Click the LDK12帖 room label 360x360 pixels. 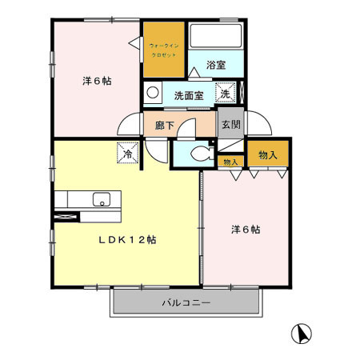(x=127, y=239)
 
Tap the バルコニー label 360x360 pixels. (x=186, y=303)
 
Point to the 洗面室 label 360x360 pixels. (x=189, y=95)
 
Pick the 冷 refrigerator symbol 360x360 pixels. (x=126, y=150)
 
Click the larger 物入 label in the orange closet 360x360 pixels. (x=268, y=154)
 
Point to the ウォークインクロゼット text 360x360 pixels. (x=165, y=52)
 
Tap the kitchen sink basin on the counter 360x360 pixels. (x=102, y=199)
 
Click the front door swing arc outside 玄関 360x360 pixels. (x=262, y=126)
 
